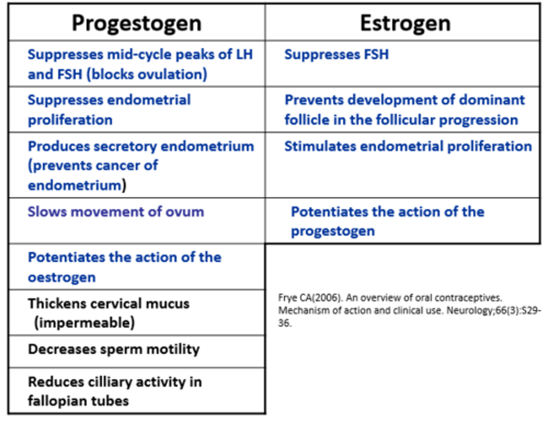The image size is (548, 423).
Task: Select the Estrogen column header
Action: coord(405,23)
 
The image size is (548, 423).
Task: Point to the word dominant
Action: coord(492,100)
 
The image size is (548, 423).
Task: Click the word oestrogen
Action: coord(62,278)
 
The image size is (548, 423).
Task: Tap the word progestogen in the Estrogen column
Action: coord(333,231)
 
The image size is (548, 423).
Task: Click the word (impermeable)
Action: coord(84,322)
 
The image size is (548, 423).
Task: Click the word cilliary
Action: coord(110,382)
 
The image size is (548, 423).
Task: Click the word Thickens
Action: coord(57,303)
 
